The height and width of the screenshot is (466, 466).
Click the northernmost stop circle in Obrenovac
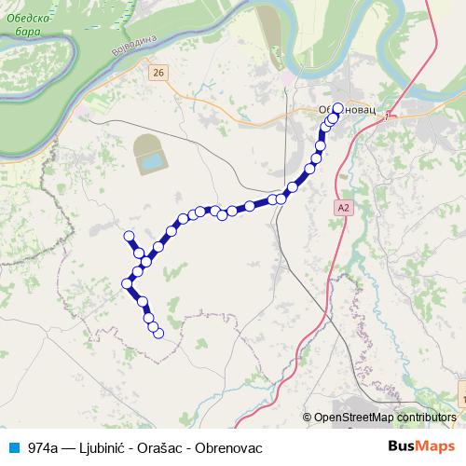[337, 107]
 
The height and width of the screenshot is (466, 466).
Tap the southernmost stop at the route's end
[158, 332]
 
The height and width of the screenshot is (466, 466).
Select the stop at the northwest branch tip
[130, 236]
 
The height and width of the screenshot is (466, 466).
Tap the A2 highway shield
[345, 208]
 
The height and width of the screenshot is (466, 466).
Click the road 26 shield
[159, 72]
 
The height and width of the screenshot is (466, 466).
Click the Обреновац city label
[346, 109]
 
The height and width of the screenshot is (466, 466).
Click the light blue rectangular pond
[149, 164]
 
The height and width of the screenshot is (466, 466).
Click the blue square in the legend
[13, 447]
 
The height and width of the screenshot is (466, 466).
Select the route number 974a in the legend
[42, 447]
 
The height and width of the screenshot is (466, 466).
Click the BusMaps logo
[420, 447]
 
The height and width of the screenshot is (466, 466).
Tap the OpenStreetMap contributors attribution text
[386, 417]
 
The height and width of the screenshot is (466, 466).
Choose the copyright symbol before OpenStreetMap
[308, 417]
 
